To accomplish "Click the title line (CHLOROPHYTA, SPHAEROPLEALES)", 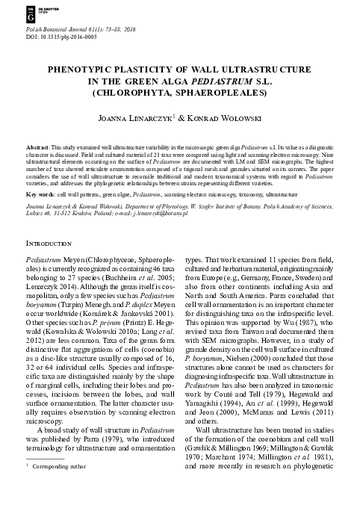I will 180,93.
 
